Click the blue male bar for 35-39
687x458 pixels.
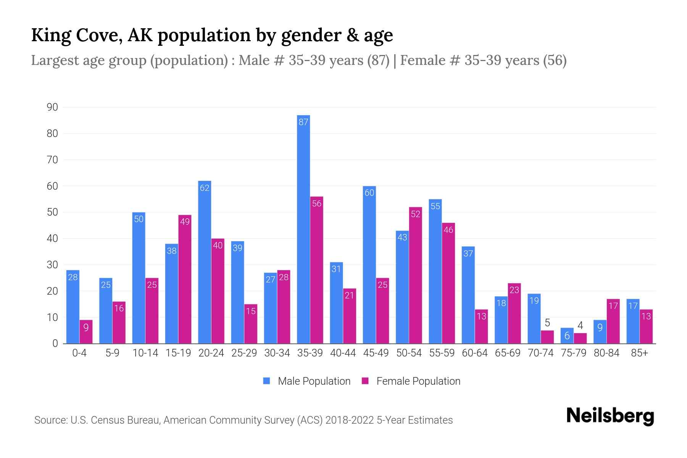click(303, 229)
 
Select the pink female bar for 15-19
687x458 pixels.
click(185, 279)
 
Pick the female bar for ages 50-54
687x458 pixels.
click(415, 275)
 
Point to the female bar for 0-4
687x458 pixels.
click(86, 332)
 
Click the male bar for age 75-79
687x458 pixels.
click(567, 336)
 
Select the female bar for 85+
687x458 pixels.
click(646, 326)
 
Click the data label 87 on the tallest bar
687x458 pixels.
click(303, 122)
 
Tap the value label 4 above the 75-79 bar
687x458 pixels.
click(580, 326)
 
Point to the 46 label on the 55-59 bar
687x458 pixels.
click(448, 230)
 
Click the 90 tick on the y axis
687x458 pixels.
click(52, 107)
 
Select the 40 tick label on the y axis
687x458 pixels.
click(52, 239)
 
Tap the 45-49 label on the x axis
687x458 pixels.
click(376, 353)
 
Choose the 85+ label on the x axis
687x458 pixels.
click(639, 353)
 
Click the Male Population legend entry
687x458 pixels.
click(314, 381)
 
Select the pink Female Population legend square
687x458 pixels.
click(365, 381)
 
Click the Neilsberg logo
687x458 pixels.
click(610, 416)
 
